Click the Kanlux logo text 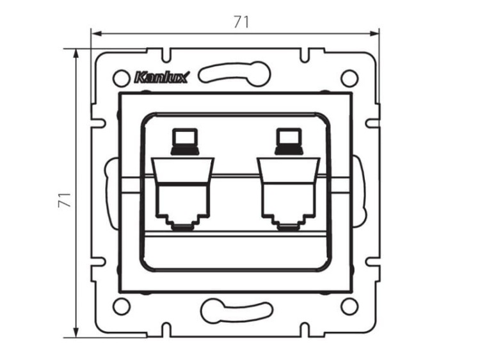coord(161,78)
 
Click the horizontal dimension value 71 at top coord(241,21)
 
